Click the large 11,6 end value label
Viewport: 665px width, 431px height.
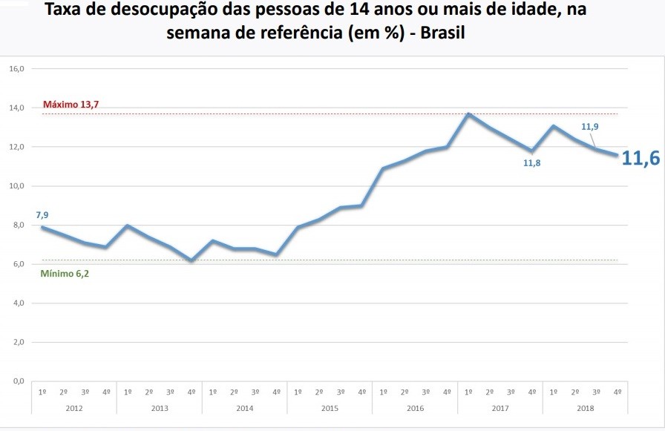click(x=640, y=158)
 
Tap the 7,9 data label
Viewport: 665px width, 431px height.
click(x=42, y=215)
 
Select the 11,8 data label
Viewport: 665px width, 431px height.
click(x=531, y=163)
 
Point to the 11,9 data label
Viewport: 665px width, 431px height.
click(x=590, y=127)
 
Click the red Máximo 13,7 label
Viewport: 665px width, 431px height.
click(x=71, y=105)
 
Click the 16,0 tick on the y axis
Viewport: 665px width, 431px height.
click(x=17, y=69)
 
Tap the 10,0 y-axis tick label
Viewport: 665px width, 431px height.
click(x=17, y=186)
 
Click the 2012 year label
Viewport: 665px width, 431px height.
click(x=74, y=408)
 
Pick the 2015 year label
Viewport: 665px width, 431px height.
click(x=330, y=408)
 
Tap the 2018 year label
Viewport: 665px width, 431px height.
click(x=585, y=408)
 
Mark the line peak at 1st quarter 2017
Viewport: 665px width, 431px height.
click(x=468, y=114)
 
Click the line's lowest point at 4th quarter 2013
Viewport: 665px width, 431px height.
click(x=191, y=260)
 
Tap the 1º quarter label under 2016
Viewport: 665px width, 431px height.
click(x=383, y=392)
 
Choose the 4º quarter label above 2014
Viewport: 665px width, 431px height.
click(x=277, y=392)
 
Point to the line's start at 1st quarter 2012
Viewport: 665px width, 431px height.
click(x=42, y=227)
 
